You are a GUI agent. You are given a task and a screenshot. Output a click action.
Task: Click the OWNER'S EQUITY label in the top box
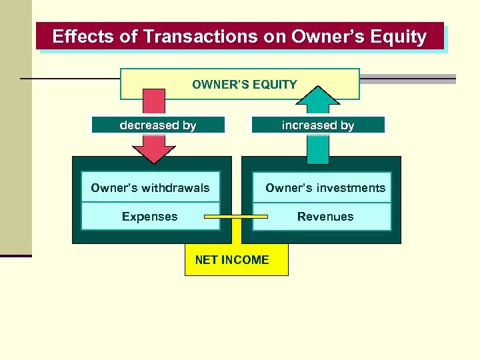click(x=244, y=85)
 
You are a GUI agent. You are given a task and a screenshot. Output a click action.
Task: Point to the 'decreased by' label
click(x=158, y=125)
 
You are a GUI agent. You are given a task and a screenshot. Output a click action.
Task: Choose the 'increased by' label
click(x=318, y=125)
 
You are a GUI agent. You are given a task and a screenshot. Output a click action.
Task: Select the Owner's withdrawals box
click(x=150, y=187)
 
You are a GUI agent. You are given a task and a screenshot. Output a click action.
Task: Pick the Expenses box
click(x=150, y=217)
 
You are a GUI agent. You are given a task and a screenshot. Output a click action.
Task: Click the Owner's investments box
click(x=325, y=187)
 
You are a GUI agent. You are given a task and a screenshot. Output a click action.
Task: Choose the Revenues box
click(x=325, y=217)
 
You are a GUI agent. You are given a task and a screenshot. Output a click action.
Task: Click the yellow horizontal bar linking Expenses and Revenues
click(x=236, y=217)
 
